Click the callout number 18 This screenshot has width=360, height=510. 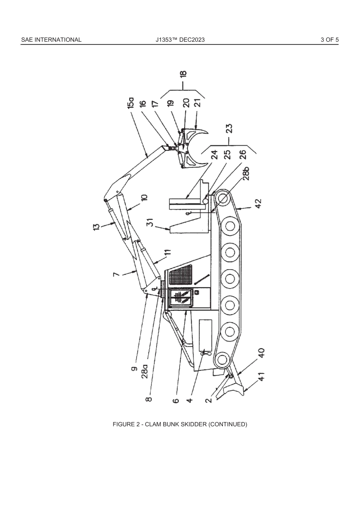(183, 74)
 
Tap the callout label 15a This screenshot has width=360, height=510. (131, 103)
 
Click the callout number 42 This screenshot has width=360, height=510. (258, 204)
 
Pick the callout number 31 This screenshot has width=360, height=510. (150, 222)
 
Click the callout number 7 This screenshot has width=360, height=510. (117, 274)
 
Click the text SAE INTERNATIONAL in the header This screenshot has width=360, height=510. (51, 39)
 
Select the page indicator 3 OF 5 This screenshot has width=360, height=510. (329, 39)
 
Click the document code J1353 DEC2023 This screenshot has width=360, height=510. (180, 39)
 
